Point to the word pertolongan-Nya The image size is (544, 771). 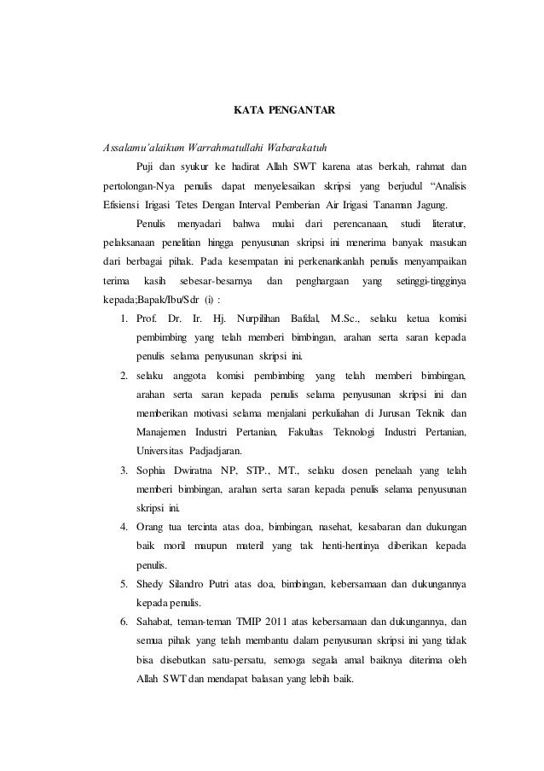pos(139,186)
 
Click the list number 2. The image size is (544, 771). pos(124,376)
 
